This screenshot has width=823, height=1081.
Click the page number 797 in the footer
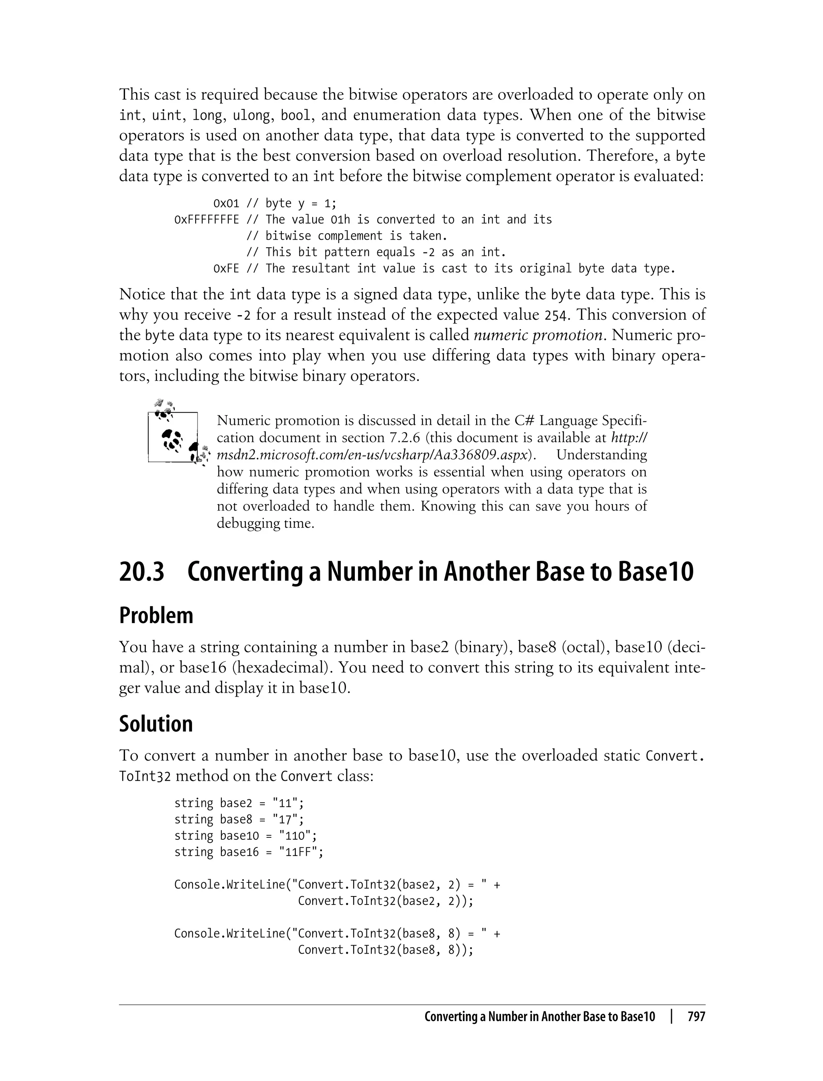coord(696,1016)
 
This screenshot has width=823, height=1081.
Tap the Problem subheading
coord(156,615)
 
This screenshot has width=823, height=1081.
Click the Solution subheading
coord(156,724)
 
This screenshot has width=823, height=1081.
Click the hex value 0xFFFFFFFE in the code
coord(207,219)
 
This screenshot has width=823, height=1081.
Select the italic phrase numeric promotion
coord(537,335)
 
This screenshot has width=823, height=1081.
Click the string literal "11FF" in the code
coord(301,852)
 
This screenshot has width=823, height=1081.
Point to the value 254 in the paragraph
coord(557,315)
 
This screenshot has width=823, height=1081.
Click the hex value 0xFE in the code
coord(226,269)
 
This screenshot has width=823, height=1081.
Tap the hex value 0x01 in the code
coord(226,203)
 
